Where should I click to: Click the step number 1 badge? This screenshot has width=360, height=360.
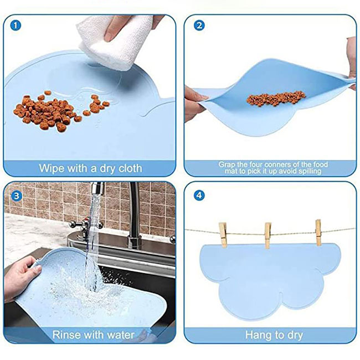(16, 25)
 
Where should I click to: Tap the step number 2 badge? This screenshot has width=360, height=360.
(199, 25)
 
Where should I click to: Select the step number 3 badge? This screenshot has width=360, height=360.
(16, 196)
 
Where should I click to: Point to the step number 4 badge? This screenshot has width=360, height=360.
(199, 196)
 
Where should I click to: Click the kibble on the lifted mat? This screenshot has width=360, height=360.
(276, 99)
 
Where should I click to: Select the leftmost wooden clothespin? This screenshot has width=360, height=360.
(223, 234)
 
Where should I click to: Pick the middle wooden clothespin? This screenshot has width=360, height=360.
(268, 235)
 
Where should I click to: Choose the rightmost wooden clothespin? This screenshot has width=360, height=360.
(318, 233)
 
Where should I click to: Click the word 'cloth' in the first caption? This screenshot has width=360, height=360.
(130, 168)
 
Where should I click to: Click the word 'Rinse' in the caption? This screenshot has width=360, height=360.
(66, 335)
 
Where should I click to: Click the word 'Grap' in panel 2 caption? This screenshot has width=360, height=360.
(227, 165)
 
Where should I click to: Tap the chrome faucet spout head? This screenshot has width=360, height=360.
(97, 188)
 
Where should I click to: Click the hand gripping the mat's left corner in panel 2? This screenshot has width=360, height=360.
(193, 104)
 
